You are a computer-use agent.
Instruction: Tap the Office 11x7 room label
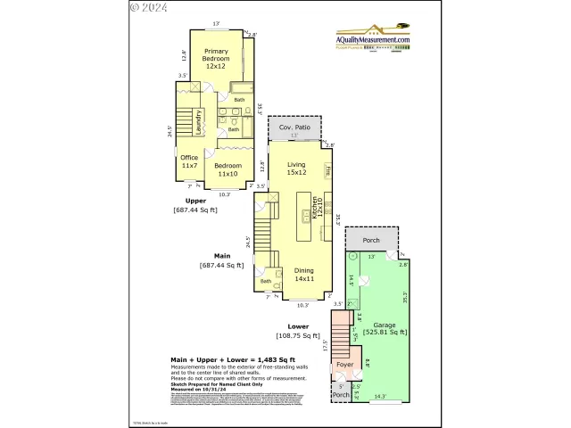coord(189,161)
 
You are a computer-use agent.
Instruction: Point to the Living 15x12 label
coord(296,169)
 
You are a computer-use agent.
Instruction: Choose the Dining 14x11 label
coord(304,275)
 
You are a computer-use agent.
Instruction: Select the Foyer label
coord(343,366)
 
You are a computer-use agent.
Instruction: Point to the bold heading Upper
coord(195,201)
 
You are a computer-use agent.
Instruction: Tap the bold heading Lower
coord(299,326)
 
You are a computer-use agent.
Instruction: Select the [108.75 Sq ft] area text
coord(299,335)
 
